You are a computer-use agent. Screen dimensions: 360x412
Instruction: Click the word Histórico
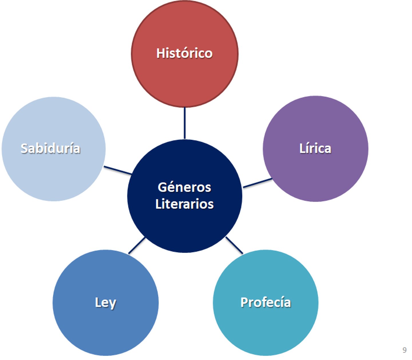(x=184, y=53)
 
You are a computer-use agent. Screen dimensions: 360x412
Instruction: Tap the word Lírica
(x=315, y=149)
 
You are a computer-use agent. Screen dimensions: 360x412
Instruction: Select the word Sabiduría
(x=50, y=149)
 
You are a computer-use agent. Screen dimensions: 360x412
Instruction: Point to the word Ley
(x=105, y=302)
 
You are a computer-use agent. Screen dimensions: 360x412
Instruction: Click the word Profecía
(x=266, y=302)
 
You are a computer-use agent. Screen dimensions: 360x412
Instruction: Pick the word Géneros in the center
(x=184, y=187)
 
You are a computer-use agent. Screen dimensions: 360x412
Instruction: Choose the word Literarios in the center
(x=184, y=204)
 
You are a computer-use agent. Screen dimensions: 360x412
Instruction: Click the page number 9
(x=404, y=350)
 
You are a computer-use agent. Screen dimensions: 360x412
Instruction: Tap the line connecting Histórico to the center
(x=185, y=123)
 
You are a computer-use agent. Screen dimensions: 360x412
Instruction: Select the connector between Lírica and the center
(x=257, y=183)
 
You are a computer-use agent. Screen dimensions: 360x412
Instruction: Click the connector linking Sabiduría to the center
(x=118, y=170)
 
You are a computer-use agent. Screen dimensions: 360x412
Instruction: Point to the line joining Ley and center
(x=137, y=246)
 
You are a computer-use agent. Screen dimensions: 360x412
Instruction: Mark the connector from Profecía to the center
(x=234, y=245)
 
